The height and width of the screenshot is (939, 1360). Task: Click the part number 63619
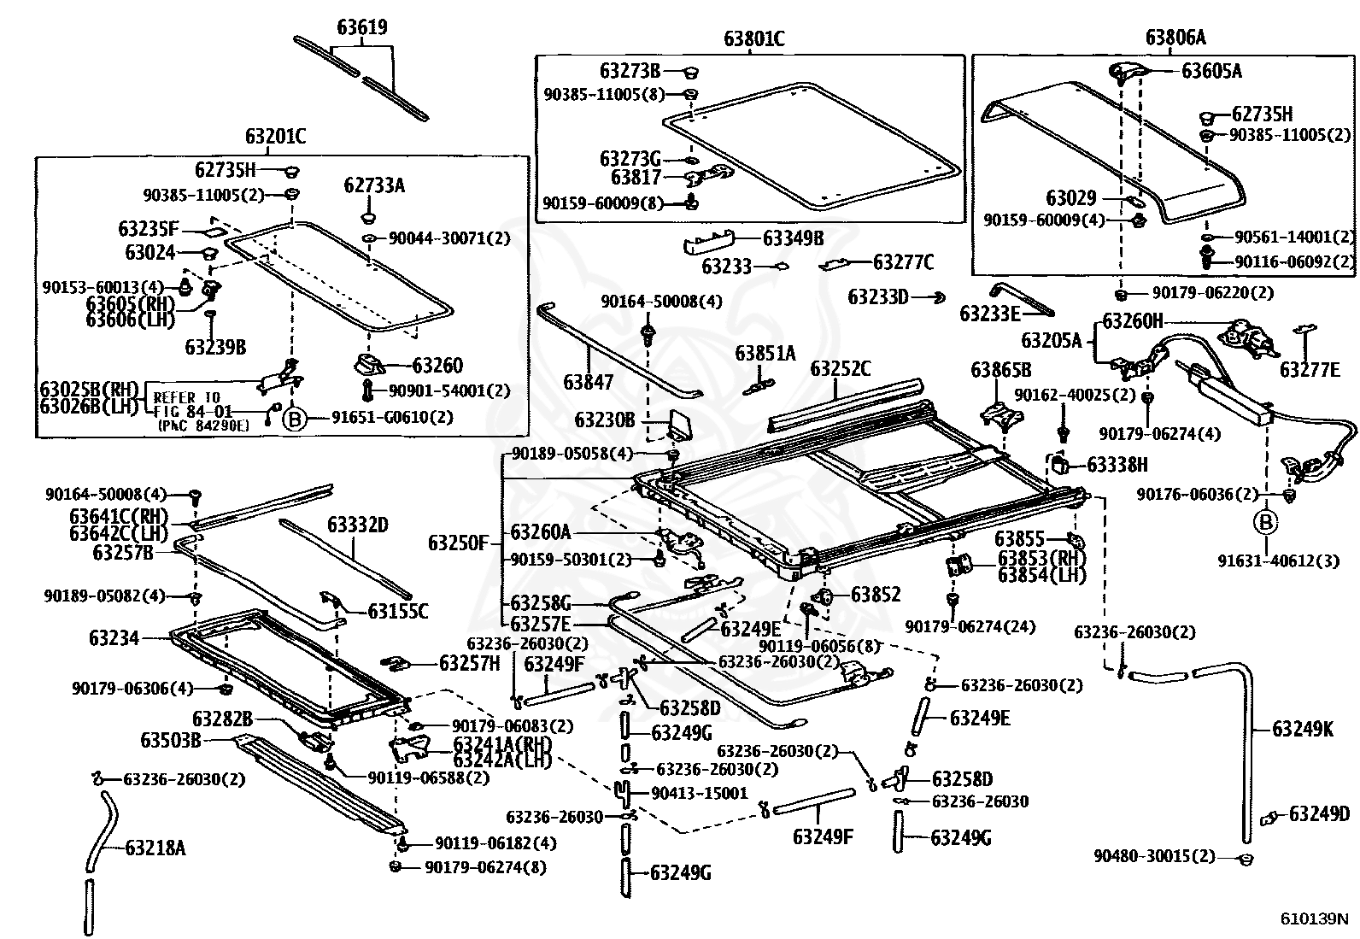click(362, 27)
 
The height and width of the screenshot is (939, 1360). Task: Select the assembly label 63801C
click(754, 38)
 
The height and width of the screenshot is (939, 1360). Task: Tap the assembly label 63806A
click(1175, 38)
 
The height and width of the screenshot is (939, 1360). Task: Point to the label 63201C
click(276, 136)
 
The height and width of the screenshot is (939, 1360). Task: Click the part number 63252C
click(841, 368)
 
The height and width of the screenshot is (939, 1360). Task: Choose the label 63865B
click(1000, 369)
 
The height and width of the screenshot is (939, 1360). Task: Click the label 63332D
click(358, 524)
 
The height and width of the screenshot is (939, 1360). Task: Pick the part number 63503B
click(171, 741)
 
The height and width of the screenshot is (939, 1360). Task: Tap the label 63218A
click(155, 848)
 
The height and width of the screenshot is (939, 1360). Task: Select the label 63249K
click(1303, 729)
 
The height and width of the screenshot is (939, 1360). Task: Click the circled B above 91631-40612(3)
click(1266, 522)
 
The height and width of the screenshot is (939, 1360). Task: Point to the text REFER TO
click(186, 398)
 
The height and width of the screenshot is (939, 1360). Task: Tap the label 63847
click(588, 382)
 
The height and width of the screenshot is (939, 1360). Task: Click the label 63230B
click(605, 420)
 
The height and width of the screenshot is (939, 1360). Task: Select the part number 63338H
click(1117, 465)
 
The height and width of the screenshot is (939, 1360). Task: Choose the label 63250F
click(459, 543)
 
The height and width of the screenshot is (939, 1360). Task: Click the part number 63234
click(114, 637)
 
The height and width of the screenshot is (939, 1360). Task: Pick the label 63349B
click(793, 238)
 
